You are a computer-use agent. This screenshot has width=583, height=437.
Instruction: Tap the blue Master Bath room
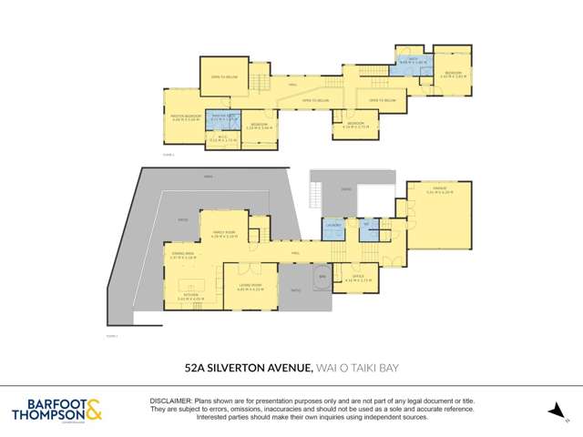point(223,118)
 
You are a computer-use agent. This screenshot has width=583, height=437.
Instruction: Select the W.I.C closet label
point(223,139)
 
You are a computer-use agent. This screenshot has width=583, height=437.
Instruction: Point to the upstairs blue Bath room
point(406,65)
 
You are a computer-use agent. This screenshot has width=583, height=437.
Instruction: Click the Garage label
point(439,192)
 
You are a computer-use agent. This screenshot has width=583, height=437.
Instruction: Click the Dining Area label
point(182,256)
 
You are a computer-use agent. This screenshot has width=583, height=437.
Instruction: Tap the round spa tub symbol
point(322,276)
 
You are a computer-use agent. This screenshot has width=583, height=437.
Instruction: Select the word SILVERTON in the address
point(241,367)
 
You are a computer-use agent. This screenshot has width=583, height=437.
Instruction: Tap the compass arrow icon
point(554,411)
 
